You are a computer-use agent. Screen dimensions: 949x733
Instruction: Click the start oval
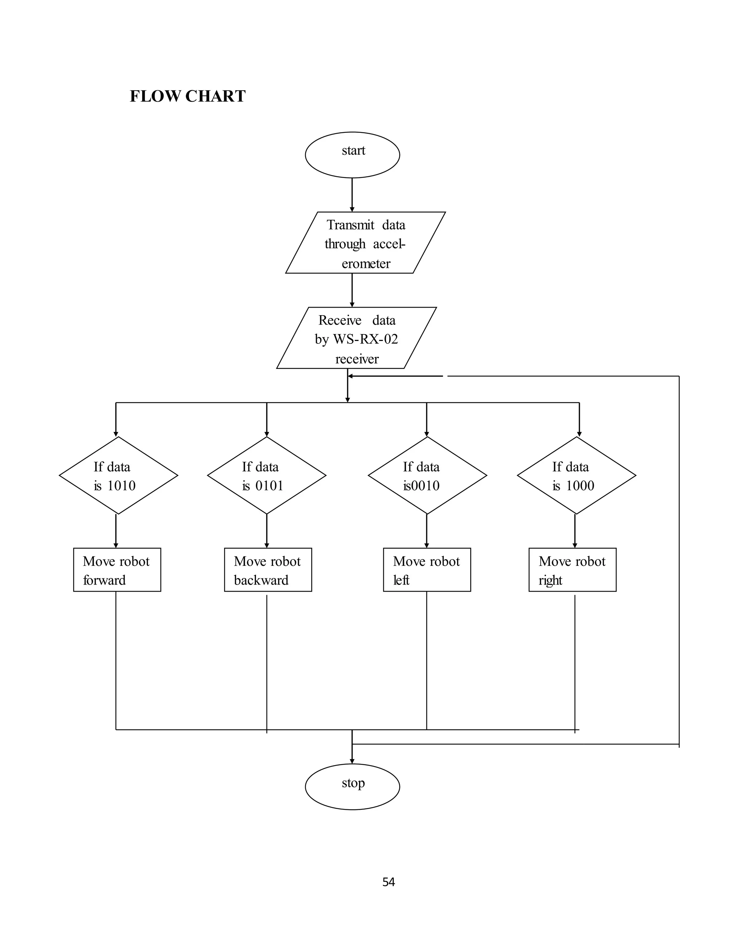352,155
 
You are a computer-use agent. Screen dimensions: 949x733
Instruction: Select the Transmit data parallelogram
365,243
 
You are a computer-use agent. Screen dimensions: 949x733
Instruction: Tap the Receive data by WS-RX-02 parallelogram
356,338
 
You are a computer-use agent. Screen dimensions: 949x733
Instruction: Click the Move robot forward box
117,570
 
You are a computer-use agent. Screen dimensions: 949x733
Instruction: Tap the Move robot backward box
267,570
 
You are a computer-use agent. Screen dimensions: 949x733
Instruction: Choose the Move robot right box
572,570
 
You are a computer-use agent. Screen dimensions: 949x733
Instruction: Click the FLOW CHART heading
188,96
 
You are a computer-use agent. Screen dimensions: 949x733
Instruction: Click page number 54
388,882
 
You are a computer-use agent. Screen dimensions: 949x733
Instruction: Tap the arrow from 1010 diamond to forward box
116,531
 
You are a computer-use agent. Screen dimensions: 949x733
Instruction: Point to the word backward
261,580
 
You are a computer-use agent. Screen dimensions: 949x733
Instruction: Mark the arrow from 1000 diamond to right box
575,531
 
